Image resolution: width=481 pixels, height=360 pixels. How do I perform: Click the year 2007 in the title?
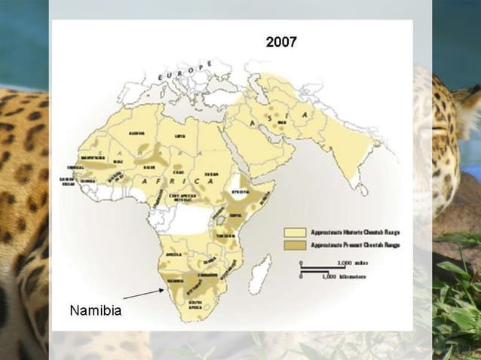(x=281, y=42)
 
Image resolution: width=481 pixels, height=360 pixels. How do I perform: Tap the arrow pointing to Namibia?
(x=144, y=294)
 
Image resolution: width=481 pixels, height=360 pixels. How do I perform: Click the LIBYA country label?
(x=179, y=136)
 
